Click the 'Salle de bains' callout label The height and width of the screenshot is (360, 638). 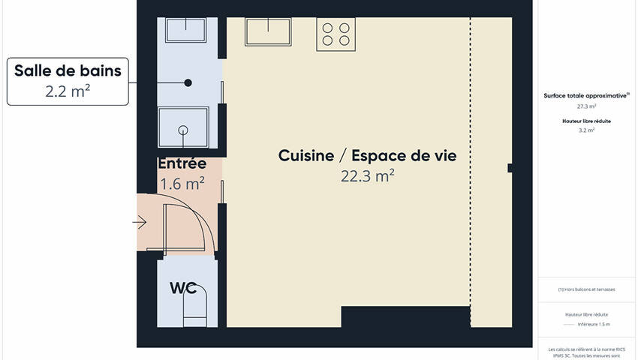tap(68, 71)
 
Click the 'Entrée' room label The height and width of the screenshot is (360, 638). tap(182, 163)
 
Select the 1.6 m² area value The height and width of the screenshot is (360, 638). tap(182, 183)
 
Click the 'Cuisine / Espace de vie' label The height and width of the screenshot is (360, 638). tap(367, 156)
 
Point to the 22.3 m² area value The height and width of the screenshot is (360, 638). tap(367, 176)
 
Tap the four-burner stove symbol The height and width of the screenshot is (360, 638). tap(335, 34)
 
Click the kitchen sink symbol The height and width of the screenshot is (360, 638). tap(268, 31)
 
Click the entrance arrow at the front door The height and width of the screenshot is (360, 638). tap(140, 222)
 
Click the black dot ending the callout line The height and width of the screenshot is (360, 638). tap(188, 82)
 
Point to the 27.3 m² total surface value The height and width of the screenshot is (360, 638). tap(586, 106)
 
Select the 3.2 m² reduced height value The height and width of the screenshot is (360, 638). tap(586, 130)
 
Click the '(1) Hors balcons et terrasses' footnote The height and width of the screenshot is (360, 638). tap(586, 289)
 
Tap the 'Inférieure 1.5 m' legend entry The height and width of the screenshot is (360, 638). tap(594, 325)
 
